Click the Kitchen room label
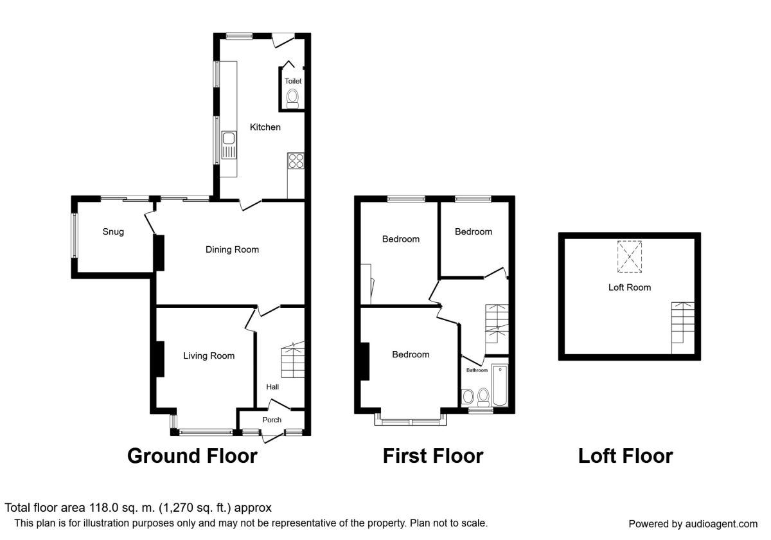[265, 127]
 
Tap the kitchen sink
[229, 145]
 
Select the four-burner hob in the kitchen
[296, 161]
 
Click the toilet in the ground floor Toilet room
[292, 99]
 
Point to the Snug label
[113, 232]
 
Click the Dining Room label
[232, 249]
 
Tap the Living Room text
[209, 355]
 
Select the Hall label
[272, 387]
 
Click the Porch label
[272, 420]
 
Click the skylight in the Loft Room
[630, 256]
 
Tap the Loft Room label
[630, 287]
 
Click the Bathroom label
[477, 370]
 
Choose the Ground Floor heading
[192, 456]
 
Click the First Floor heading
[433, 456]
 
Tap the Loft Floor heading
[625, 456]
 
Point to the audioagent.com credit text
[722, 524]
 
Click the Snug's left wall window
[75, 235]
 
